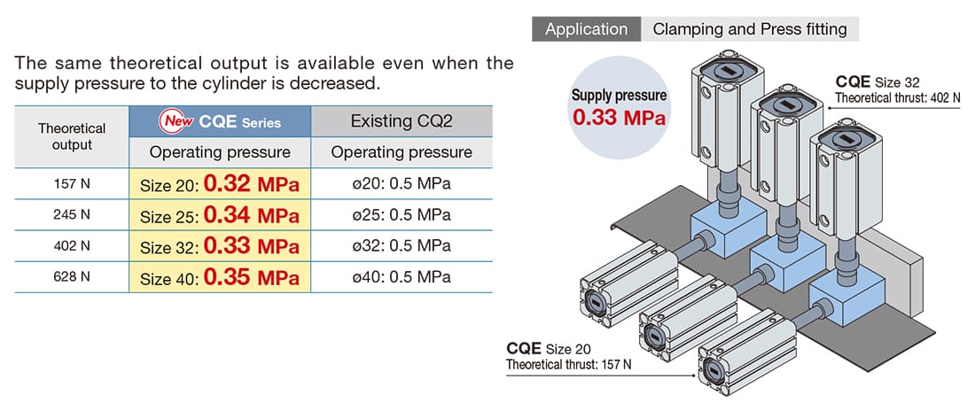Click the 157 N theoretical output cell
(72, 184)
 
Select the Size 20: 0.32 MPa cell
(220, 184)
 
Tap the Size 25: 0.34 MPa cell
(220, 215)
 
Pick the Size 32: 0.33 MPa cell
(220, 246)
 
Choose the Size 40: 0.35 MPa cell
(220, 277)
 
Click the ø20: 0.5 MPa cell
(402, 184)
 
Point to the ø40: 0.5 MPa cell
(402, 277)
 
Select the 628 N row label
(72, 277)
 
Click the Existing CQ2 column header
(402, 121)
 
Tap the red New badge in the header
(178, 121)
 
